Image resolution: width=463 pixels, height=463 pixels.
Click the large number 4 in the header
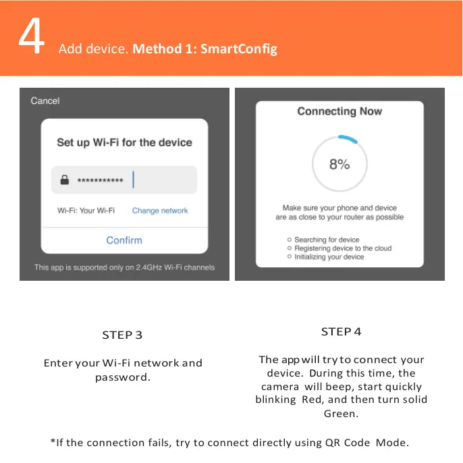point(31,38)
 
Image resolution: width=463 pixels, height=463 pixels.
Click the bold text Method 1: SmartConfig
point(205,49)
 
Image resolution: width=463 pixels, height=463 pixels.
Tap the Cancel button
point(45,101)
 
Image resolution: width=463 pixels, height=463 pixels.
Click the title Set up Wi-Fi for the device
point(124,142)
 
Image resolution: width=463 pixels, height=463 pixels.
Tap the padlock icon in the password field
point(65,180)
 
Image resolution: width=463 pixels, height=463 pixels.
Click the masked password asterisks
point(100,181)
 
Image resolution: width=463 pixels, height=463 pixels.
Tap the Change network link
point(160,211)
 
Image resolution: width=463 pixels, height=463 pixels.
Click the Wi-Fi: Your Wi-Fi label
point(86,211)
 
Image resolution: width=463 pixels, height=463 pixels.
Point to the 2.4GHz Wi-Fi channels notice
point(124,267)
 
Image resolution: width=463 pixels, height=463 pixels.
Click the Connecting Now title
point(339,111)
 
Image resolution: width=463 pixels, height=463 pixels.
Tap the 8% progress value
point(339,164)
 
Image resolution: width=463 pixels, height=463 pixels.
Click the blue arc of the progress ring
point(349,138)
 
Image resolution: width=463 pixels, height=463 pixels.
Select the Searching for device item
point(327,240)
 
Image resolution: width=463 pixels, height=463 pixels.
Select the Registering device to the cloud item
point(342,248)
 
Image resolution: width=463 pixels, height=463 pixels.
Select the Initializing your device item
point(329,257)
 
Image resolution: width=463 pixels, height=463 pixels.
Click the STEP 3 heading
point(122,335)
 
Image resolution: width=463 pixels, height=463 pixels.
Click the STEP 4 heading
point(341,331)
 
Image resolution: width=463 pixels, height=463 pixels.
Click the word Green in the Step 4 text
point(341,414)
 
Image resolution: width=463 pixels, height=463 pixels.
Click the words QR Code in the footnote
point(347,443)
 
